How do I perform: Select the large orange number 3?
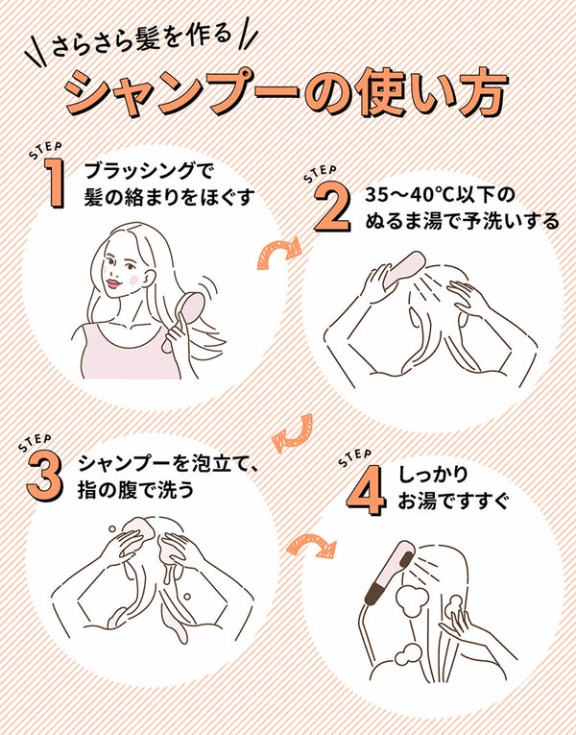pyautogui.click(x=43, y=476)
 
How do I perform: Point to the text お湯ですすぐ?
pyautogui.click(x=452, y=502)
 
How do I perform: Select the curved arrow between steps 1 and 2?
pyautogui.click(x=280, y=254)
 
